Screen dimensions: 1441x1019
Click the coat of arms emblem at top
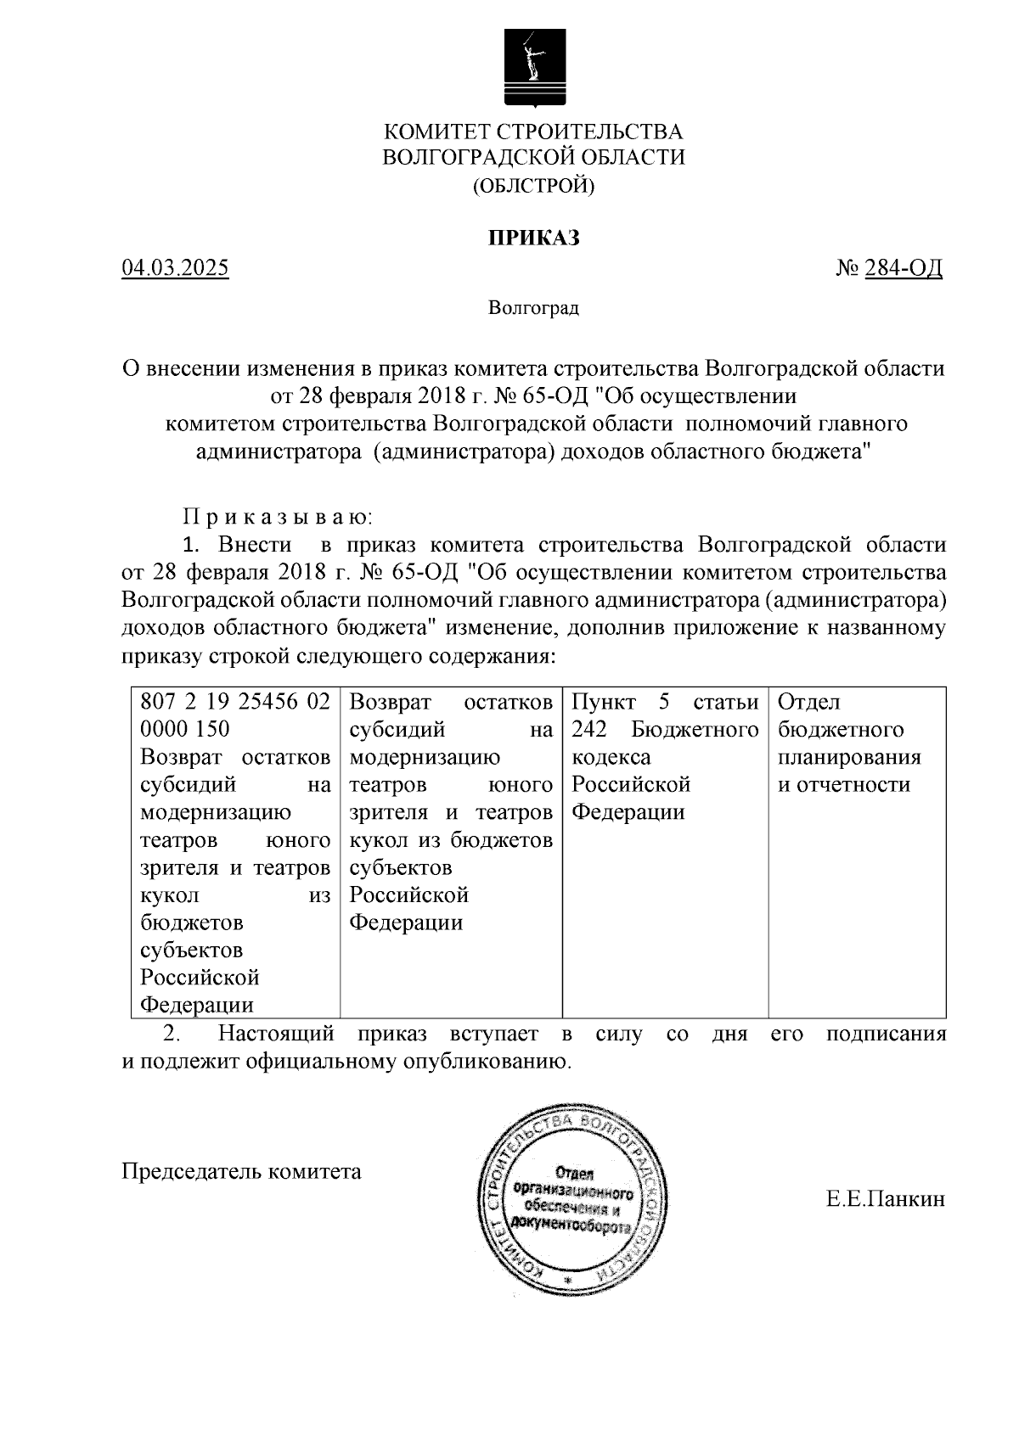pos(533,68)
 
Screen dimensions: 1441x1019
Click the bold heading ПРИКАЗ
pos(533,238)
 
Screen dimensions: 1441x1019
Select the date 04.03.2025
pos(175,269)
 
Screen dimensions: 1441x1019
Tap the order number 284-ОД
pos(904,269)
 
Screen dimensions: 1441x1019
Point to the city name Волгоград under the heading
pos(533,307)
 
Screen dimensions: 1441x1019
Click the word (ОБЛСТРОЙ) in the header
pos(533,185)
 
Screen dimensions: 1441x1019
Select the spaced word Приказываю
pos(278,516)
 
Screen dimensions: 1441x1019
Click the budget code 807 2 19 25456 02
pos(234,703)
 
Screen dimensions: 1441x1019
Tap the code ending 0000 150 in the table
pos(184,730)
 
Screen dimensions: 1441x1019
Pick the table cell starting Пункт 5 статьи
pos(664,703)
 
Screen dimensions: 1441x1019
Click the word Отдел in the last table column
pos(809,703)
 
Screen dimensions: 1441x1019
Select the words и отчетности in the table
pos(844,784)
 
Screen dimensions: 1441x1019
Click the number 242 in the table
pos(589,730)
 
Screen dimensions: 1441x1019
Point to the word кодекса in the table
pos(611,757)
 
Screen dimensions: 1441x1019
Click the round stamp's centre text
pos(571,1199)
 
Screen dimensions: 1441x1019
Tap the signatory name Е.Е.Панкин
pos(885,1199)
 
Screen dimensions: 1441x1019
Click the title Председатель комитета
pos(241,1171)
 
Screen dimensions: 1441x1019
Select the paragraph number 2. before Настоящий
pos(172,1034)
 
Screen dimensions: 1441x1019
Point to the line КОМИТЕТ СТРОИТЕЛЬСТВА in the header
pos(533,132)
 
